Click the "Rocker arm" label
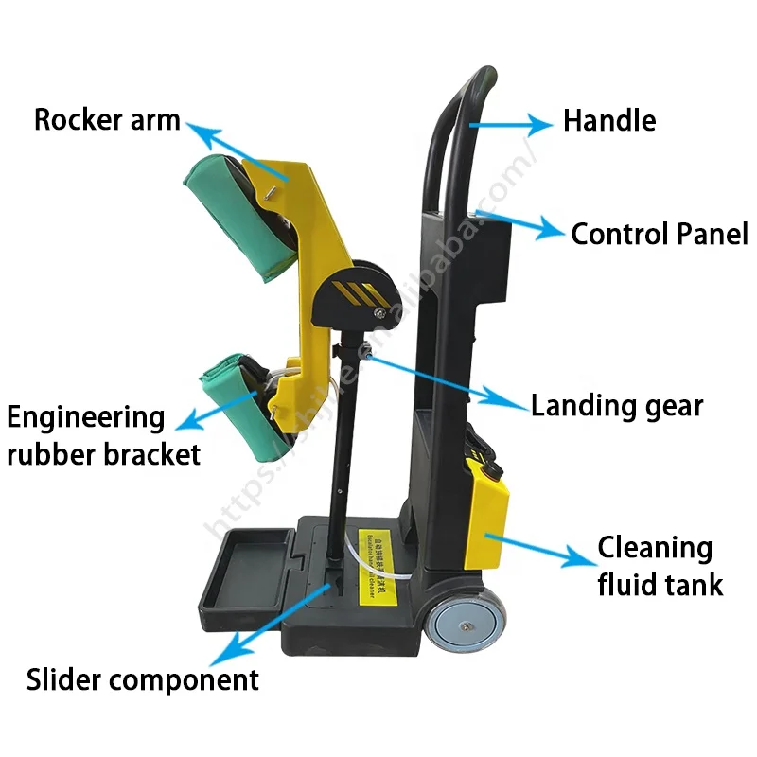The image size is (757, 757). pos(107,121)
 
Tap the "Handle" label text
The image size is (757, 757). pos(608,121)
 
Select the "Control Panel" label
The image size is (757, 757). pos(659,234)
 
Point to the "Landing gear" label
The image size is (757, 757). pos(616,406)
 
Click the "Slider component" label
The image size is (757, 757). pos(142,679)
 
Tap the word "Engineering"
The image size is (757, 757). pos(86,417)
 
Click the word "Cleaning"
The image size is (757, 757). pos(655,548)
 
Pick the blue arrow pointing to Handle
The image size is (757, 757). pos(511,123)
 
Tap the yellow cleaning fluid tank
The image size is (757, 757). pos(488,516)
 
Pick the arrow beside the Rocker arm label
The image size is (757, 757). pos(236,152)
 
